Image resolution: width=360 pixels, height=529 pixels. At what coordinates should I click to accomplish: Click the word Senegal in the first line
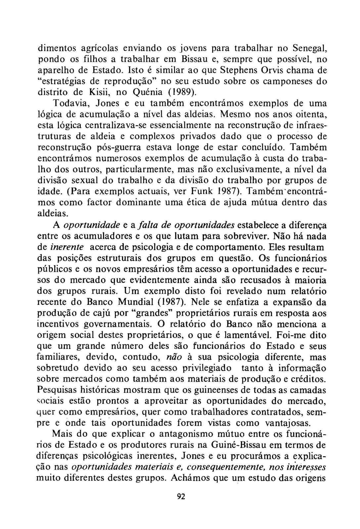tap(310, 49)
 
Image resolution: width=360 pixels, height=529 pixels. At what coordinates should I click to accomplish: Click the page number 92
tap(181, 497)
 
